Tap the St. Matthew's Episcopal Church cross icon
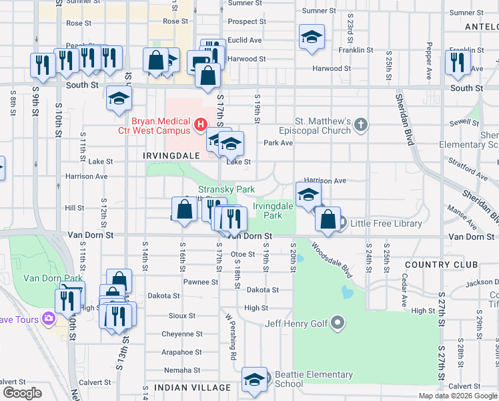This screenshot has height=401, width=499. coord(360,124)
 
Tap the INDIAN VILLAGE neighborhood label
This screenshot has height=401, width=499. coord(192,388)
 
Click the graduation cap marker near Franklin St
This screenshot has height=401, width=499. coord(312,37)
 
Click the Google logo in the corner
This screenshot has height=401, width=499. coord(22,393)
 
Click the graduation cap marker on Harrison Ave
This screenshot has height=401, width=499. coord(308,195)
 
